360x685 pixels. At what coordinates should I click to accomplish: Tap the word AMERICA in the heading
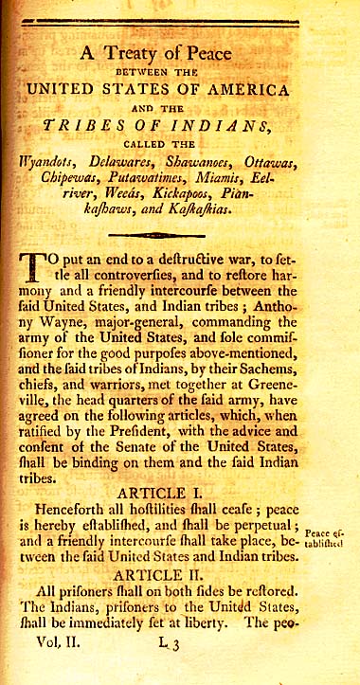[246, 90]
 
